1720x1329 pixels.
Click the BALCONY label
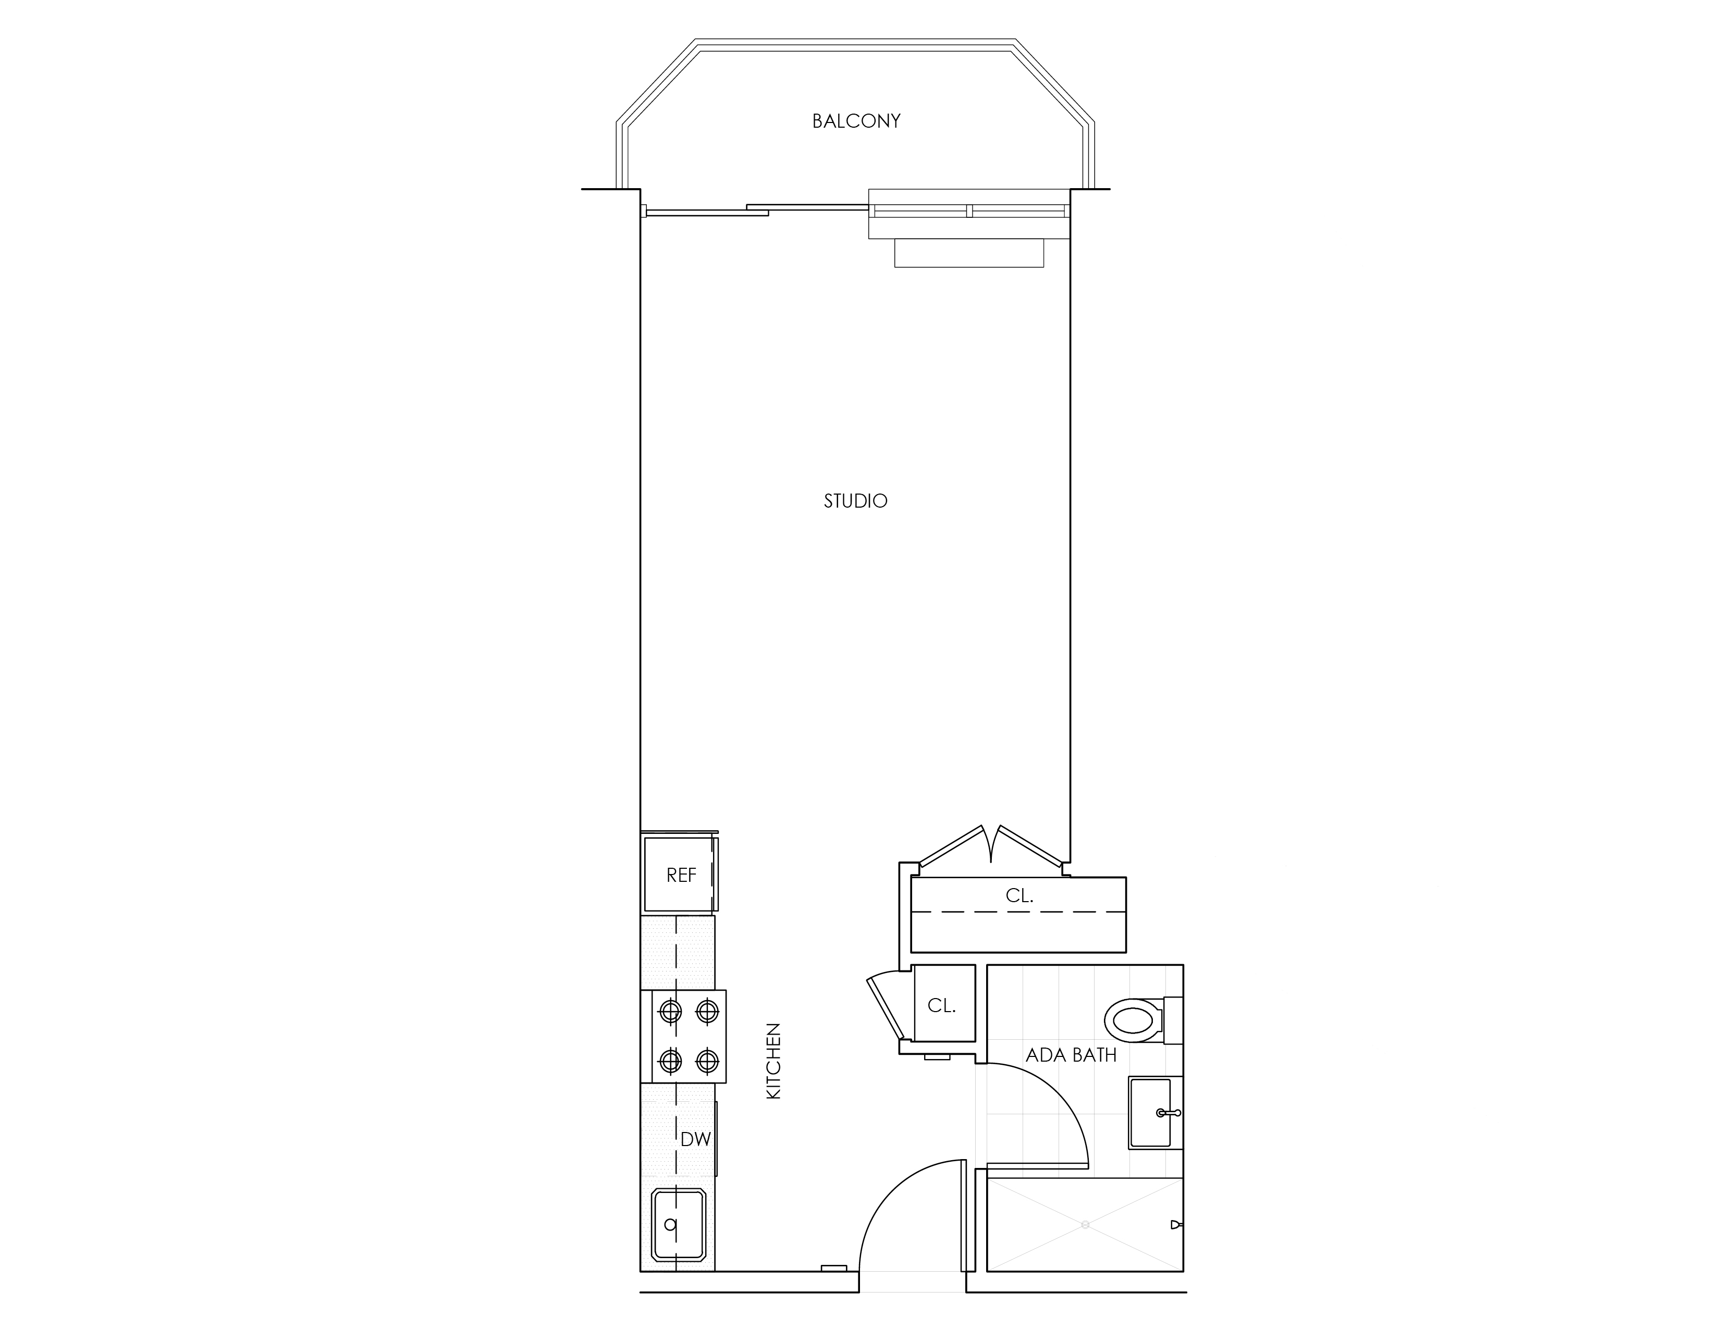point(856,121)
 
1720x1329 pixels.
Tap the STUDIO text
point(855,501)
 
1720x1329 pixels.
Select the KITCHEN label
point(773,1061)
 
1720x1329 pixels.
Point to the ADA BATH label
point(1071,1055)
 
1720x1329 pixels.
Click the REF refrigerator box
point(679,874)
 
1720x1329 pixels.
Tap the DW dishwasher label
point(695,1139)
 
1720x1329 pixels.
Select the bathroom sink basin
point(1151,1113)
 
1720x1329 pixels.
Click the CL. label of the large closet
point(1019,895)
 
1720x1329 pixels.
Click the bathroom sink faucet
point(1168,1113)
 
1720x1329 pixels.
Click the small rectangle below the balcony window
point(969,253)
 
